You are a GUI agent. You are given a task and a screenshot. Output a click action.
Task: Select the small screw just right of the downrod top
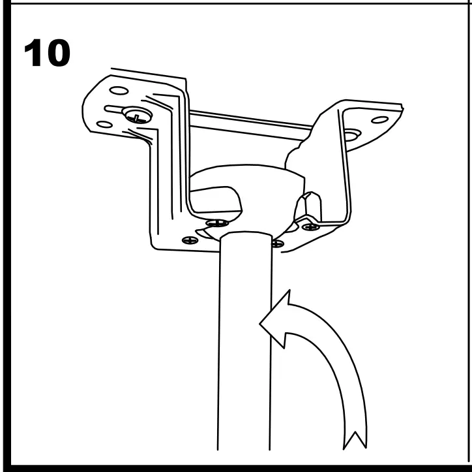[x=276, y=244]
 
